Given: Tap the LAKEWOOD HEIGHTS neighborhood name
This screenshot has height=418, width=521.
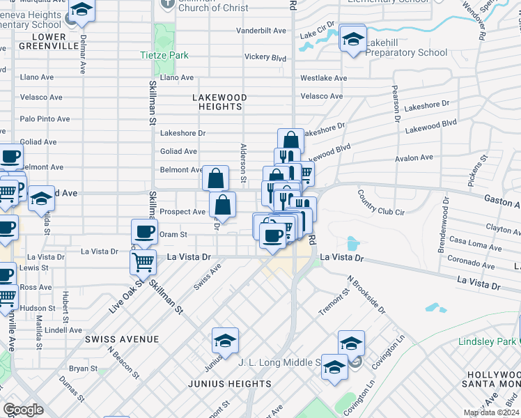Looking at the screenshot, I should tap(217, 102).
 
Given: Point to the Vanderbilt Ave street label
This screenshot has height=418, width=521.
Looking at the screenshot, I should tap(261, 31).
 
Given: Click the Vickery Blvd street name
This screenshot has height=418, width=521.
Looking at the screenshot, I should tap(265, 57).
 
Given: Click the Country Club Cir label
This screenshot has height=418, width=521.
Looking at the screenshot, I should tap(377, 203).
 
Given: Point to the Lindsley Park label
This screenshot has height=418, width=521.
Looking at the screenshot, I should tap(487, 341).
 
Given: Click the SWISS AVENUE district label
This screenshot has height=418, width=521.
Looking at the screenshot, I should tap(122, 339).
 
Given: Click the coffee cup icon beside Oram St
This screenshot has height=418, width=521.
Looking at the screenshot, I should tap(145, 231).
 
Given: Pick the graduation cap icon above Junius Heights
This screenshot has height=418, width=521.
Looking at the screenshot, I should tap(225, 341).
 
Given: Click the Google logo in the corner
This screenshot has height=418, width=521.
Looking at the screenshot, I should tap(23, 410).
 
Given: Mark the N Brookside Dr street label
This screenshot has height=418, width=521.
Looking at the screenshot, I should tap(365, 293).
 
